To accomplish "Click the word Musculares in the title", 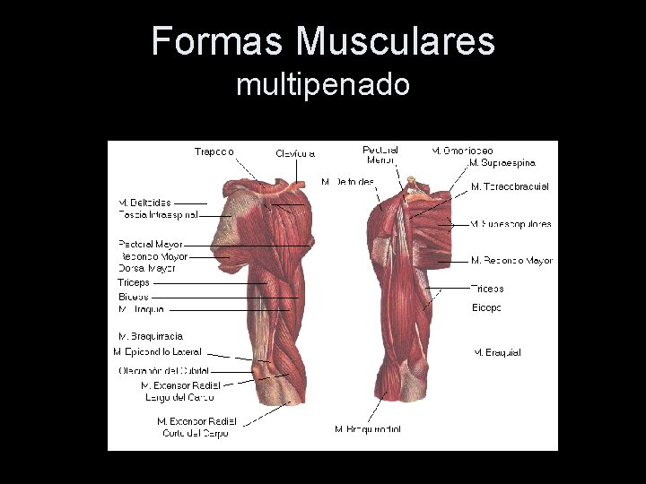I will point(396,40).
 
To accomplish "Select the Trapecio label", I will point(214,151).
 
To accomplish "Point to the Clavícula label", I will point(295,153).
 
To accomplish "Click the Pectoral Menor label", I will point(381,154).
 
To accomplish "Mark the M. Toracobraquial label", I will point(510,186).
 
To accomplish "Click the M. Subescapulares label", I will point(511,224).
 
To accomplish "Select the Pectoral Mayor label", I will point(151,244).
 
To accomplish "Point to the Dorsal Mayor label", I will point(147,268).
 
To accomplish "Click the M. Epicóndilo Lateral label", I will point(157,351).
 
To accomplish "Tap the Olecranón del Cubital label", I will point(164,370).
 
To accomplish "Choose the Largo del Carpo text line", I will point(179,397).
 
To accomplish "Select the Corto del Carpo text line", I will point(195,433).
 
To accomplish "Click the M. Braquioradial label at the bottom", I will point(368,429).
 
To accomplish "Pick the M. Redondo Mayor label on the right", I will point(511,261).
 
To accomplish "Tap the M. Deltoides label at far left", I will point(144,203).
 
